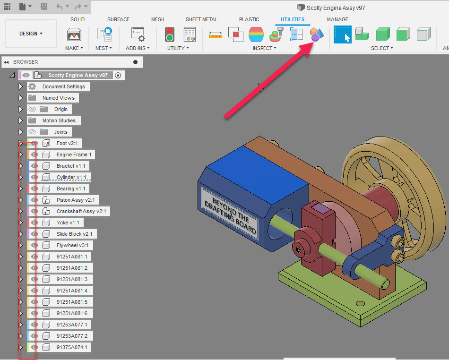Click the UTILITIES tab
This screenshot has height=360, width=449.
point(292,19)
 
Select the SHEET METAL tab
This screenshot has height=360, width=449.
point(202,19)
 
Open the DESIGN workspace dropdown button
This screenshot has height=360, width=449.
point(31,34)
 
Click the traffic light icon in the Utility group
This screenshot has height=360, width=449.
point(169,34)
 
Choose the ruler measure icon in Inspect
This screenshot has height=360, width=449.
point(215,34)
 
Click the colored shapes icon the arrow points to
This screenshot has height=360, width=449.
point(316,34)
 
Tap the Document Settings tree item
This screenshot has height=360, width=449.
point(63,86)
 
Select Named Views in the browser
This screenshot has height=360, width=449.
point(58,98)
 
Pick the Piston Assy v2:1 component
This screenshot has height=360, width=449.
point(76,200)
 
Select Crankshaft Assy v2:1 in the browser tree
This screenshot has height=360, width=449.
point(81,211)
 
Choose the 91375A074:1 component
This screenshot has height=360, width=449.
point(72,347)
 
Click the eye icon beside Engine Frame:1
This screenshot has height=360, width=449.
point(35,154)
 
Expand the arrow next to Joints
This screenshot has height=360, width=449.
point(20,132)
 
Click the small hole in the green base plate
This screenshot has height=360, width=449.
point(360,303)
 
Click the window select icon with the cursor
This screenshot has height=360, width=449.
point(342,34)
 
